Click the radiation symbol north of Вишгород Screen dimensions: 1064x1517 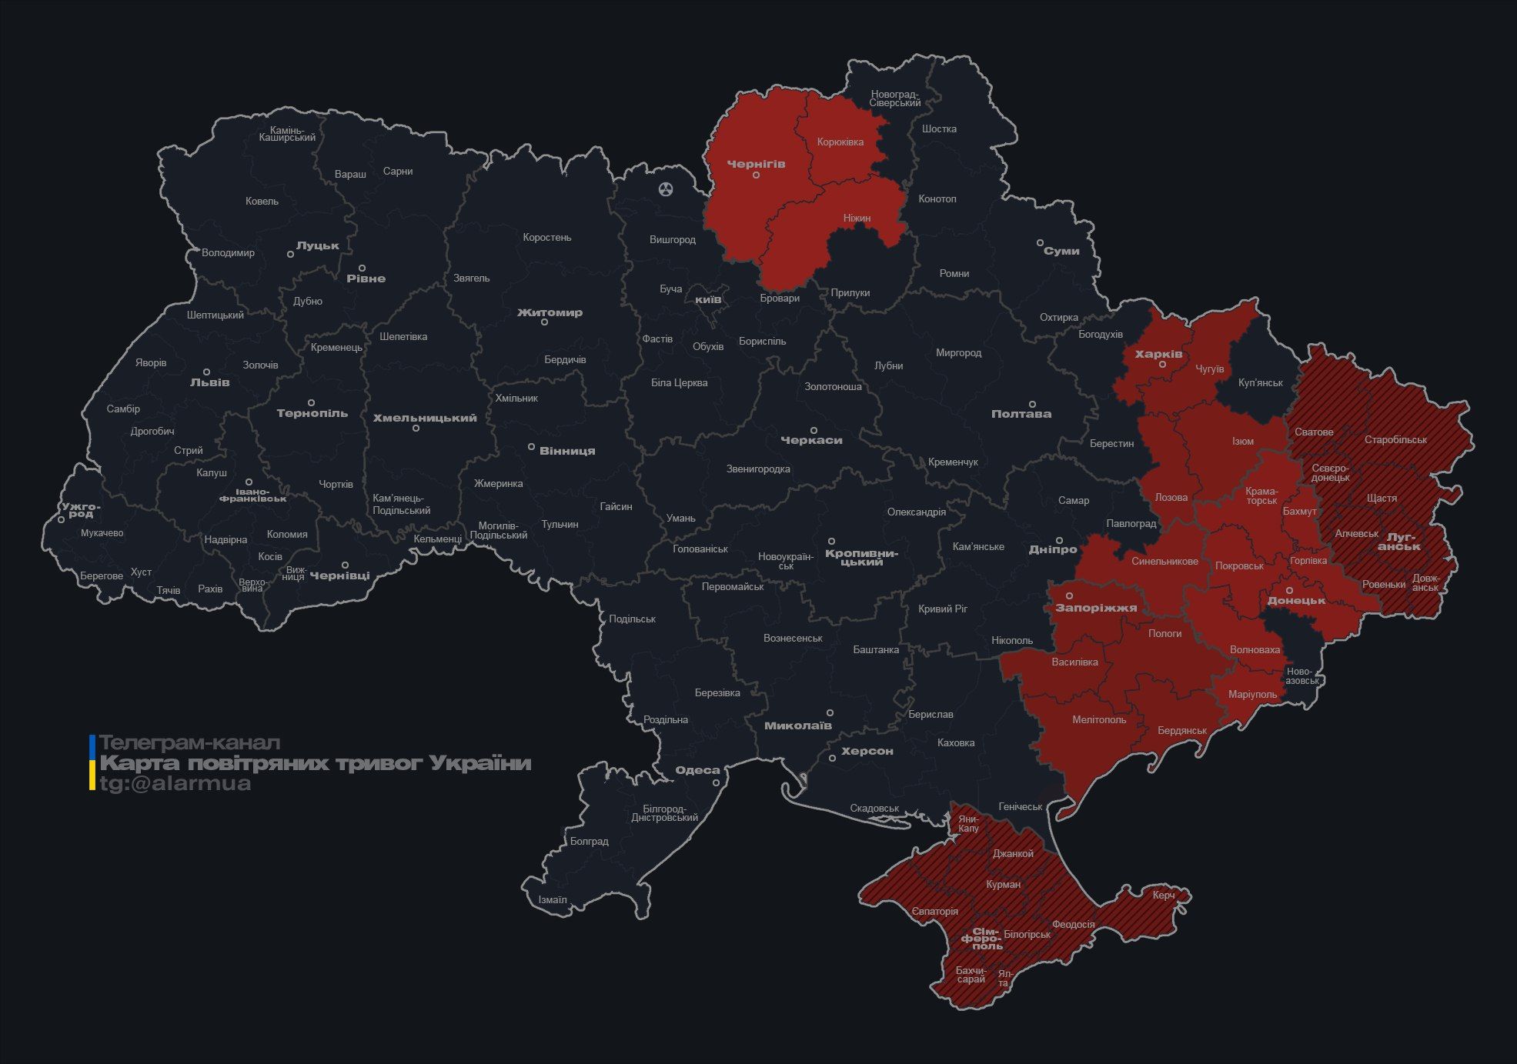pos(666,188)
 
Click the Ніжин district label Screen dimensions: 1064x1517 pos(857,218)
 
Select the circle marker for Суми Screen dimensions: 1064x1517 pos(1040,242)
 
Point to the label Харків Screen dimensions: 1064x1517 pos(1158,354)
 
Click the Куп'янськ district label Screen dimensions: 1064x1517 pos(1260,382)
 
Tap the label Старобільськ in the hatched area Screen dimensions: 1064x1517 pos(1395,440)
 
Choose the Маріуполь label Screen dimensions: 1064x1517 pos(1253,694)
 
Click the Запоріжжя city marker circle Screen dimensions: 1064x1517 pos(1069,596)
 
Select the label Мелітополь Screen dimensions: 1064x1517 pos(1099,720)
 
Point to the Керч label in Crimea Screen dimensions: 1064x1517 pos(1164,895)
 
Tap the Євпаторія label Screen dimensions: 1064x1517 pos(935,912)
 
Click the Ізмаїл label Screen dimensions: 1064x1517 pos(553,899)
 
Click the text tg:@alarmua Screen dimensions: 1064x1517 pos(175,784)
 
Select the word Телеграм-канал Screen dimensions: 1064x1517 pos(190,743)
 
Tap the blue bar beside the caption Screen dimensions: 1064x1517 pos(92,745)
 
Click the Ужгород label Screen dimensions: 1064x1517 pos(81,509)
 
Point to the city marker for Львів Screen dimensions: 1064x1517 pos(206,372)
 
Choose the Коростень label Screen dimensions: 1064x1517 pos(546,238)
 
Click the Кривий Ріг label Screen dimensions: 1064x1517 pos(943,609)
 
